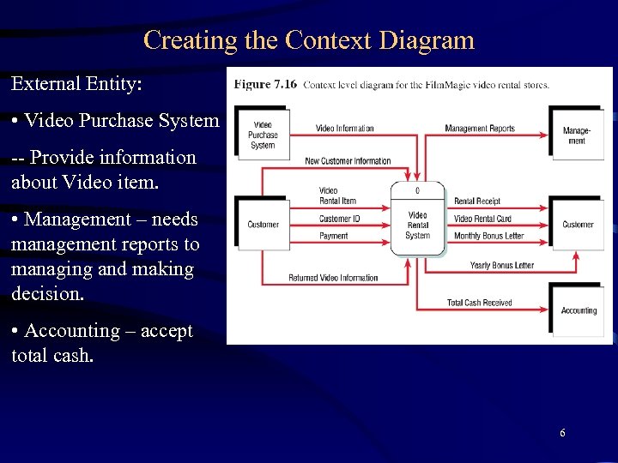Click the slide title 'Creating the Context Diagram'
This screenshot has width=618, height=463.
click(309, 40)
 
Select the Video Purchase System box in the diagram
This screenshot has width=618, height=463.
click(263, 135)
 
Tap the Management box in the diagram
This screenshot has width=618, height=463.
click(576, 135)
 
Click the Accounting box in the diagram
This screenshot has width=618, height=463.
click(578, 310)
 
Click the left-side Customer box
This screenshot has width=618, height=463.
click(263, 225)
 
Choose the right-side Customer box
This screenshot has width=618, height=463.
click(578, 225)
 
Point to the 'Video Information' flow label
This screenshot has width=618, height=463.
click(344, 129)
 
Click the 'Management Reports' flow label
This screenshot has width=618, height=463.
click(480, 129)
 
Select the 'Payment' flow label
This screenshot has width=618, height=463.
click(334, 236)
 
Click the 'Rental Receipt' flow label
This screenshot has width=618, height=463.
click(476, 201)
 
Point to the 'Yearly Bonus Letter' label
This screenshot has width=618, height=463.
click(501, 265)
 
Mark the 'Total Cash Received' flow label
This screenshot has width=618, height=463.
click(479, 303)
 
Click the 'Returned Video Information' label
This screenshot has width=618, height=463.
click(333, 278)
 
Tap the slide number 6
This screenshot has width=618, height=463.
click(562, 433)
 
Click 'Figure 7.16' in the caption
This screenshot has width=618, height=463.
click(265, 84)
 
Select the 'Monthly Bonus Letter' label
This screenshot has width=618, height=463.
click(488, 236)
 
